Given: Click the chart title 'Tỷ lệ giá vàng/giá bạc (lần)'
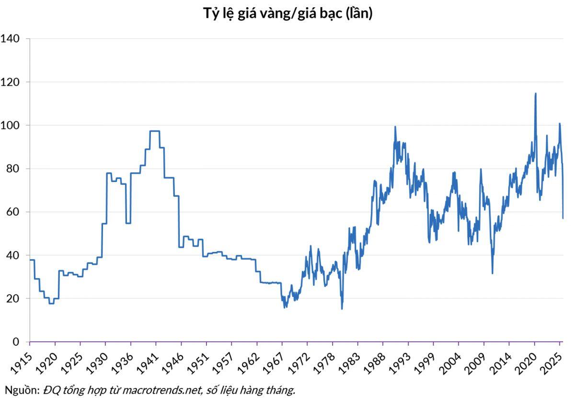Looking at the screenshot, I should (x=287, y=14).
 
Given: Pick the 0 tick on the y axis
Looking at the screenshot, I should (x=15, y=342).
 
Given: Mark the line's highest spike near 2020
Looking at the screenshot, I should (x=535, y=93).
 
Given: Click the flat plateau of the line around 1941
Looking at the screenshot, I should (x=155, y=131).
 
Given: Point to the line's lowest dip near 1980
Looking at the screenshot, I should (x=342, y=308).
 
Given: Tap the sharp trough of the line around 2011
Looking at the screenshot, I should (x=492, y=273).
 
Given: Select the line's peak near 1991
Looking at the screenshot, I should (x=395, y=126).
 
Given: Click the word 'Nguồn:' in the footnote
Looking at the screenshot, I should (x=22, y=390).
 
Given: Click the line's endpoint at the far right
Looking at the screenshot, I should (x=563, y=218).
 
